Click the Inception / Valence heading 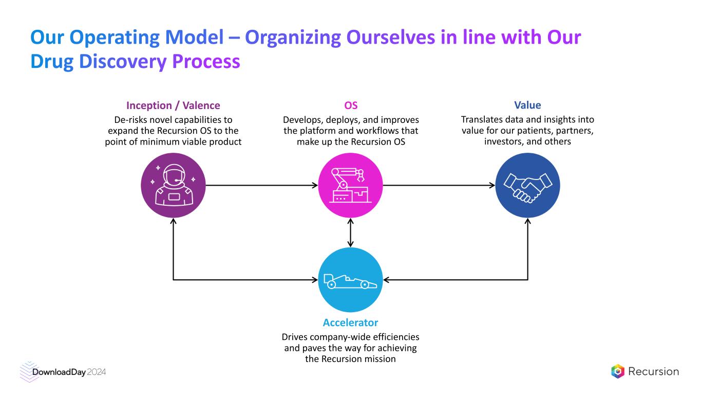click(173, 105)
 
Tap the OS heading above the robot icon click(351, 105)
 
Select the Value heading click(527, 105)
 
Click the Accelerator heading click(350, 323)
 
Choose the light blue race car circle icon click(350, 280)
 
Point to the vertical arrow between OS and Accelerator click(350, 232)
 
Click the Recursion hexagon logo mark click(618, 371)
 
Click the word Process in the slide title click(205, 62)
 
